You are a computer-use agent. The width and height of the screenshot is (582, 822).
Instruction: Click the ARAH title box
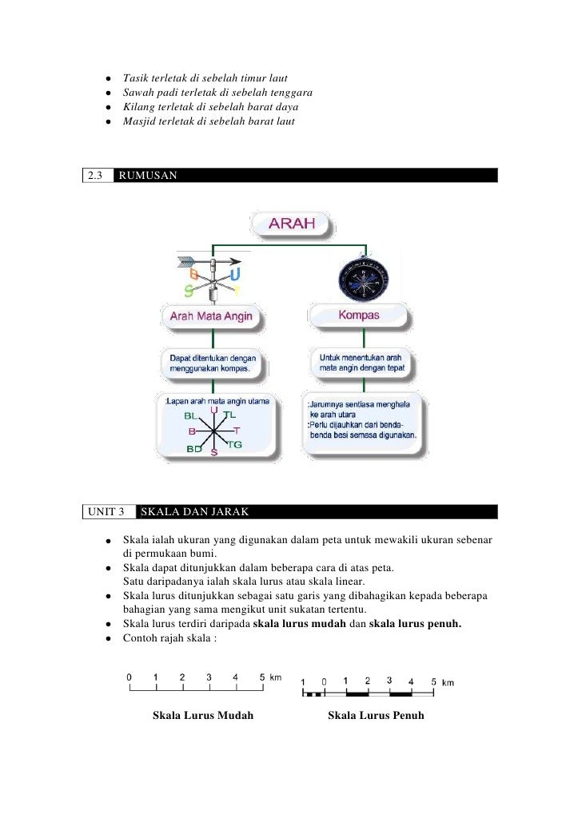coord(292,224)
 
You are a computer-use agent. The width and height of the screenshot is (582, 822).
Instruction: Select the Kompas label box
coord(359,316)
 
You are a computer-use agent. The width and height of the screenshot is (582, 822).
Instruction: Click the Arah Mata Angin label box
coord(211,316)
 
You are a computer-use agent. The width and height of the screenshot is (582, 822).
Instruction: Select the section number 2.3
coord(97,175)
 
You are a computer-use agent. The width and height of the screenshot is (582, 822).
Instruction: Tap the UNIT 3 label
coord(108,511)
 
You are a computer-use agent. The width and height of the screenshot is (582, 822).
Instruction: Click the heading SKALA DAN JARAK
coord(195,511)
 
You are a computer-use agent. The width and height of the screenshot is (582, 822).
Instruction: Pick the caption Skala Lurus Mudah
coord(203,715)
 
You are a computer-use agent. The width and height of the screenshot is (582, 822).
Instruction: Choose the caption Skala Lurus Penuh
coord(376,715)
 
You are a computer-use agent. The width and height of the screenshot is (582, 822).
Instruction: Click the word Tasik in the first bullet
coord(135,78)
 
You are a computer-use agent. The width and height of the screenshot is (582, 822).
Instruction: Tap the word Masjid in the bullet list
coord(138,121)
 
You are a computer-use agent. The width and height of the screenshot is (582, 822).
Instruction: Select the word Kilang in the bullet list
coord(138,107)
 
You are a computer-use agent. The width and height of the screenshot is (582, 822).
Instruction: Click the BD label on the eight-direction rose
coord(193,449)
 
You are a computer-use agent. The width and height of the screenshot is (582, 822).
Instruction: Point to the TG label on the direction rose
coord(235,443)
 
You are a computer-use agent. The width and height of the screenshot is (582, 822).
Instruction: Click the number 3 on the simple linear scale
coord(209,677)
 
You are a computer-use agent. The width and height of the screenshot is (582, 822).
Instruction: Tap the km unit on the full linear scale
coord(448,682)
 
